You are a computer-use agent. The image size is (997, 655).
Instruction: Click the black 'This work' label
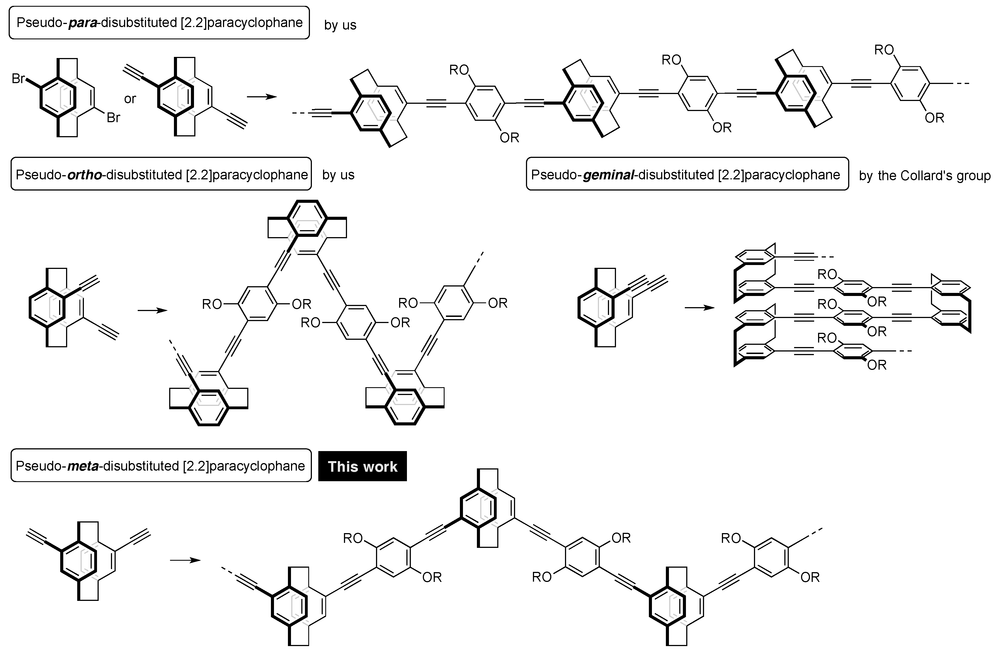(x=362, y=466)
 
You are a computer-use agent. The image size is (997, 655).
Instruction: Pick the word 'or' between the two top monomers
(x=130, y=99)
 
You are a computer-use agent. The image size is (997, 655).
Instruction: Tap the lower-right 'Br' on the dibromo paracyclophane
(x=113, y=118)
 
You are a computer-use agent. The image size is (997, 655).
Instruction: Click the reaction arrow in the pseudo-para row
(x=262, y=97)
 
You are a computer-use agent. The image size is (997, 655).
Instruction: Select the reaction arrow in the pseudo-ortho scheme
(x=152, y=310)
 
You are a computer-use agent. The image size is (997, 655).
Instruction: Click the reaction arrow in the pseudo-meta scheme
(x=185, y=560)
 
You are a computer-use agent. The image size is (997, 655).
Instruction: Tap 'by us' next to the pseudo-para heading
(x=340, y=25)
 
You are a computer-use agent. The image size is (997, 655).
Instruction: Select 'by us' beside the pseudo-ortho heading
(x=338, y=175)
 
